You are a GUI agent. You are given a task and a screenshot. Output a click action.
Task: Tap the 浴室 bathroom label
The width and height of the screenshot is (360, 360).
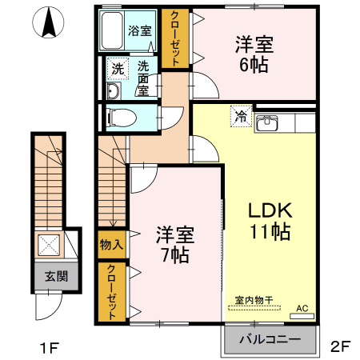point(140,33)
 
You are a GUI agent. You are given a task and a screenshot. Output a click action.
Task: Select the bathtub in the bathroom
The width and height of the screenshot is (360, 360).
point(112,31)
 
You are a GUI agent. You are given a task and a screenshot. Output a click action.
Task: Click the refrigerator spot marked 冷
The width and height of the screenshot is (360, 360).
point(241,116)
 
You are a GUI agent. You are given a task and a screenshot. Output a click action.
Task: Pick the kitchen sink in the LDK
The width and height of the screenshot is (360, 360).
point(270,122)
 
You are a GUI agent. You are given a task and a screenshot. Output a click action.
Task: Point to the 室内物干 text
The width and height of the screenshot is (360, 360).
point(254,301)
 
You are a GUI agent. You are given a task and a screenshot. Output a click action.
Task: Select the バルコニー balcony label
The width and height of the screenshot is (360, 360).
point(270,339)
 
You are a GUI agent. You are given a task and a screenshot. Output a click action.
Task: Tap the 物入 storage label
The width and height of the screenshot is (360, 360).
point(111,244)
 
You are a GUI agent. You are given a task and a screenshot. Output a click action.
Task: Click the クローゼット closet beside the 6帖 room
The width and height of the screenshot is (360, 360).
point(172,38)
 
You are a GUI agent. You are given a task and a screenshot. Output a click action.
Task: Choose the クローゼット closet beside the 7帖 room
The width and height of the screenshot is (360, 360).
point(111,291)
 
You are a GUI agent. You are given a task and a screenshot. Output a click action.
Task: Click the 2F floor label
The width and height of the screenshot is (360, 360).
point(340,347)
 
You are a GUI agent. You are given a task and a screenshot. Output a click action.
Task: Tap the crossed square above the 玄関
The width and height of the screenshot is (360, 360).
point(50,245)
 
